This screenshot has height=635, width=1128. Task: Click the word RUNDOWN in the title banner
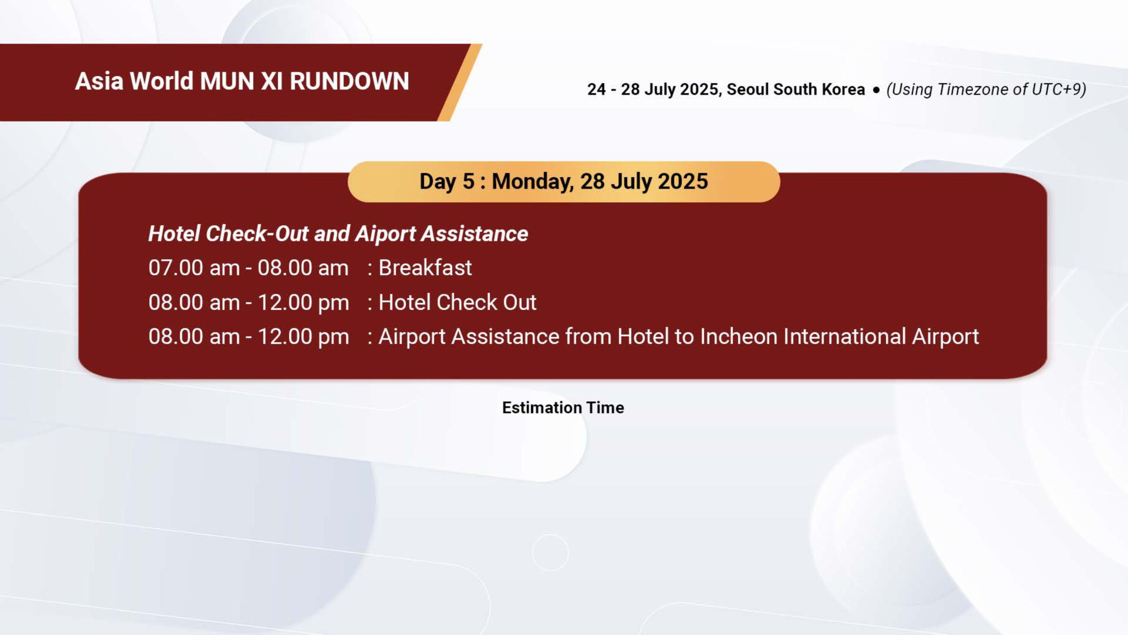[349, 81]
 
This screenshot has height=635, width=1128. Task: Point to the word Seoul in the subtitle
[747, 89]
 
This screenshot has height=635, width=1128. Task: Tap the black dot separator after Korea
[876, 89]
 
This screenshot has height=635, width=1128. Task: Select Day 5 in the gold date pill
[447, 181]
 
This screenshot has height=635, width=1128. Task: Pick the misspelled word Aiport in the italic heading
[386, 234]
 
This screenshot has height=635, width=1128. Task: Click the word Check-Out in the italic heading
[256, 234]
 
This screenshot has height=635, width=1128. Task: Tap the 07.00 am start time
[194, 267]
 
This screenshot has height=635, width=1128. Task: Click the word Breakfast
[425, 267]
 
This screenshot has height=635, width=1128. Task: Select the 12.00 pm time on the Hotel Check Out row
[303, 303]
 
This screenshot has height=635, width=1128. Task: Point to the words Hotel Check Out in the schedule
[457, 302]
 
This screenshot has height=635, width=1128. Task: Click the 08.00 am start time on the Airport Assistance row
[194, 337]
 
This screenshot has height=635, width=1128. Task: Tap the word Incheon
[738, 337]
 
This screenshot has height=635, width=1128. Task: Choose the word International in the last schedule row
[844, 337]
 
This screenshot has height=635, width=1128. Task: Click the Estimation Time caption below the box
[563, 408]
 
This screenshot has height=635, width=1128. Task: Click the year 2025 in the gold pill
[683, 181]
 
